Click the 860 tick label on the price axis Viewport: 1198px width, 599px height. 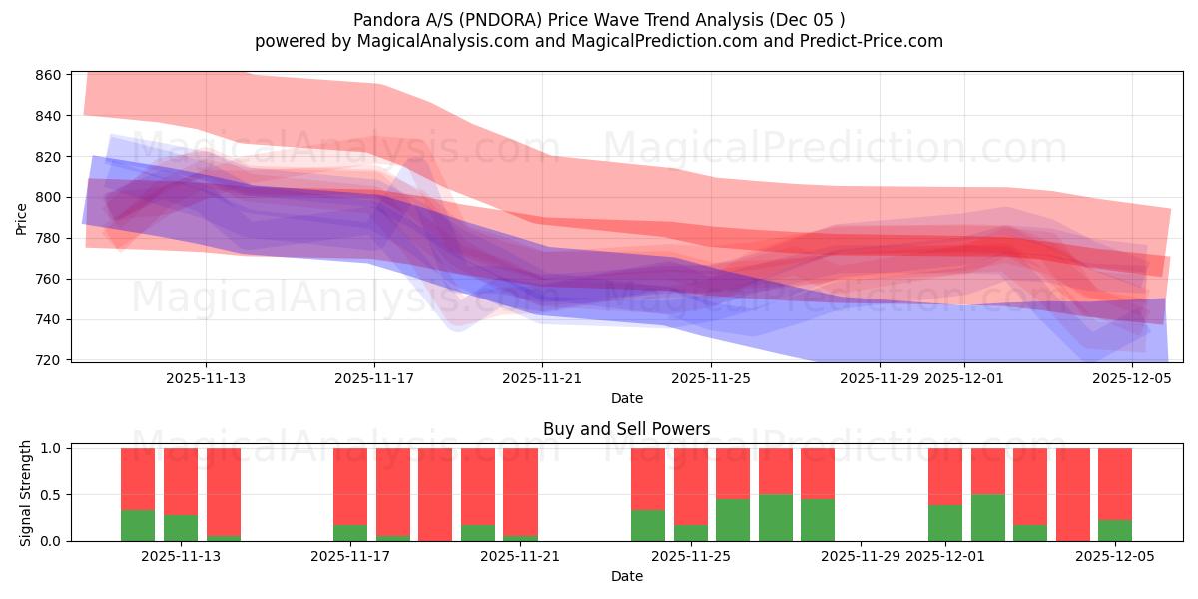tap(50, 75)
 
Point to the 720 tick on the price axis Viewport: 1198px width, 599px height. tap(50, 359)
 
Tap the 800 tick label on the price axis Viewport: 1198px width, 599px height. tap(50, 197)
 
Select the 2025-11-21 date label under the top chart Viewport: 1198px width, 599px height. tap(542, 378)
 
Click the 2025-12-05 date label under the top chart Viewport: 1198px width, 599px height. tap(1132, 378)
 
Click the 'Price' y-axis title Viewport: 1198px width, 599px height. tap(22, 217)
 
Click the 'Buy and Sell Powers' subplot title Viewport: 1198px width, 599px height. tap(626, 429)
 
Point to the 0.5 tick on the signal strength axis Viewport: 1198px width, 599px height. tap(50, 495)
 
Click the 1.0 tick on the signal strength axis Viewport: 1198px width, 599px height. tap(50, 448)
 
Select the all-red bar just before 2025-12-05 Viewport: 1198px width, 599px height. tap(1072, 494)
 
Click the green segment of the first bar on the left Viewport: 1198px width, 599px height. tap(138, 525)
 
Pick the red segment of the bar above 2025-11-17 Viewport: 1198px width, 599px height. tap(350, 485)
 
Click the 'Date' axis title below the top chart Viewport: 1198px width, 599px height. tap(626, 398)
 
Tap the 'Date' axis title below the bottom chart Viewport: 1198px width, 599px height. tap(626, 576)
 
